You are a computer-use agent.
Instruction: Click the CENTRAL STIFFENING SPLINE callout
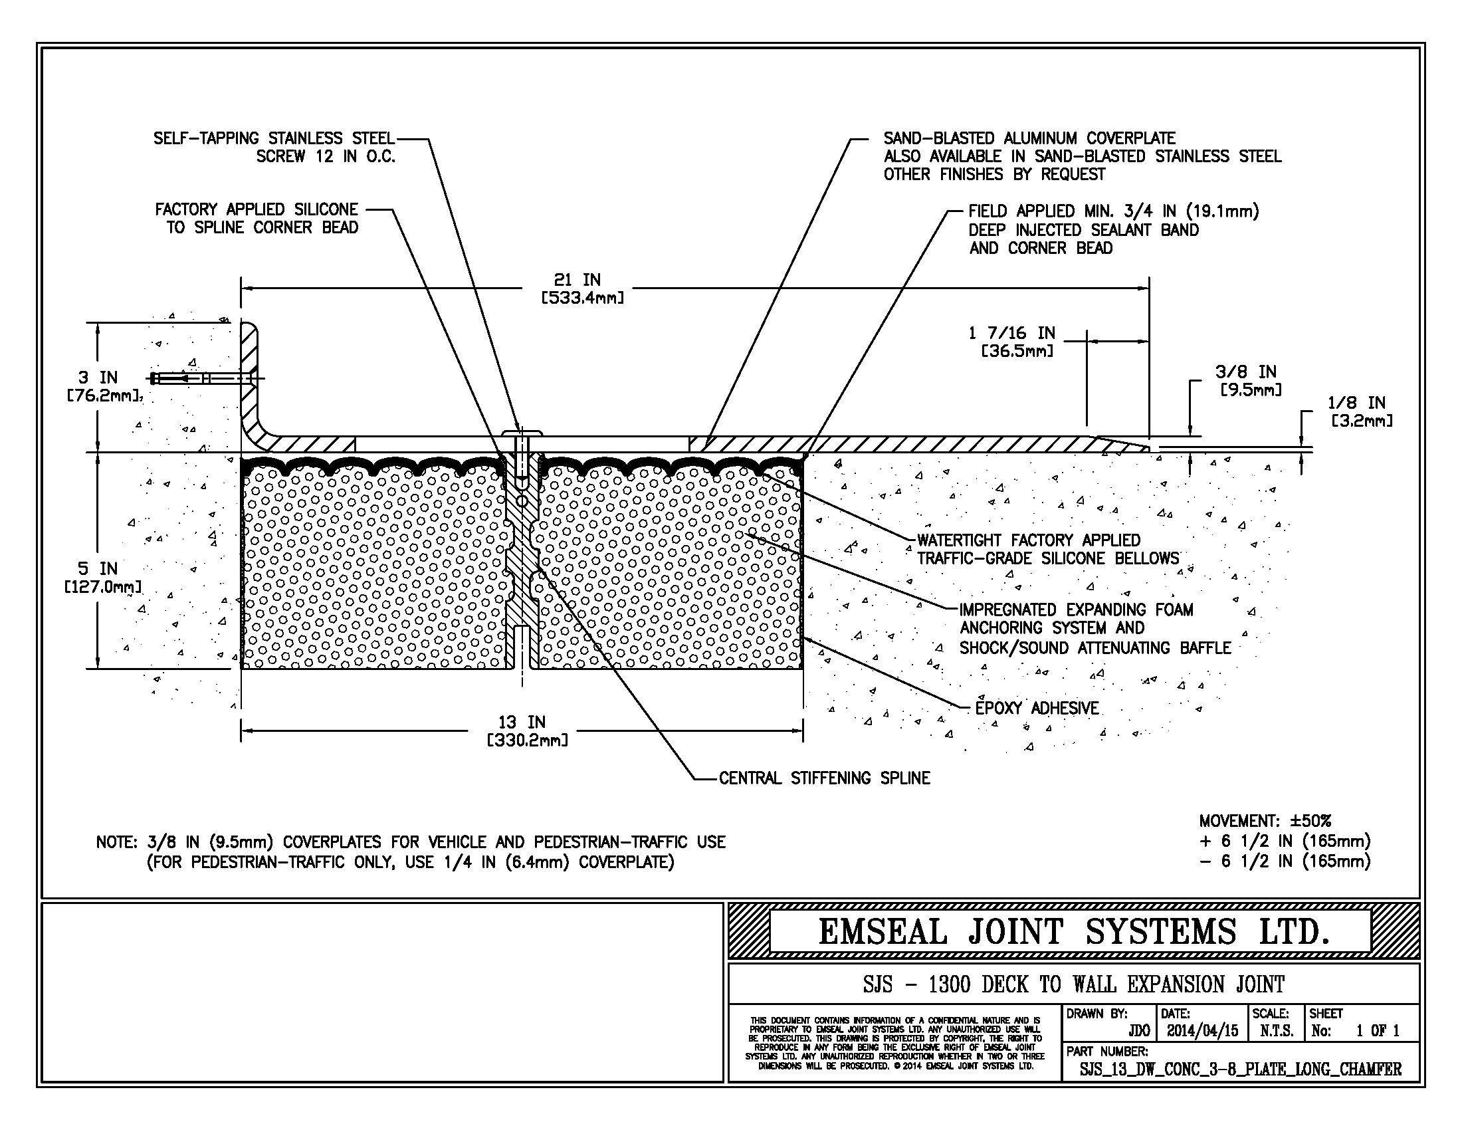click(824, 778)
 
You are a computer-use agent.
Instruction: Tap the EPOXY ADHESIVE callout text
click(1036, 709)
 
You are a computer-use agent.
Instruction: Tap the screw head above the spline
click(521, 433)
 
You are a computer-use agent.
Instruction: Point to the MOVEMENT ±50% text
click(1265, 821)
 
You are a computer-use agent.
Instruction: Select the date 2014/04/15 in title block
click(1202, 1031)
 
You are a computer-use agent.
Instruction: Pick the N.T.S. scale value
click(1277, 1031)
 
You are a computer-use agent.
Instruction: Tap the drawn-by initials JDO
click(1138, 1031)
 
